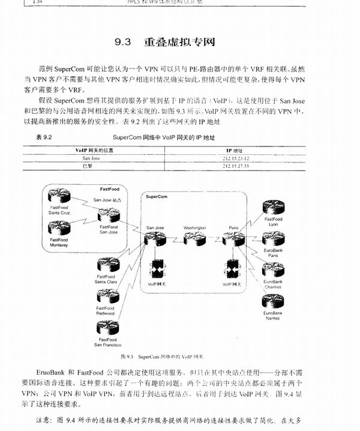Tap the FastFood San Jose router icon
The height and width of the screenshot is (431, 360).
pyautogui.click(x=109, y=215)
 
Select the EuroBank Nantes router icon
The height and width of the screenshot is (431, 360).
pyautogui.click(x=273, y=302)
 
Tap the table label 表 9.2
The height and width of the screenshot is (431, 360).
pyautogui.click(x=45, y=137)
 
